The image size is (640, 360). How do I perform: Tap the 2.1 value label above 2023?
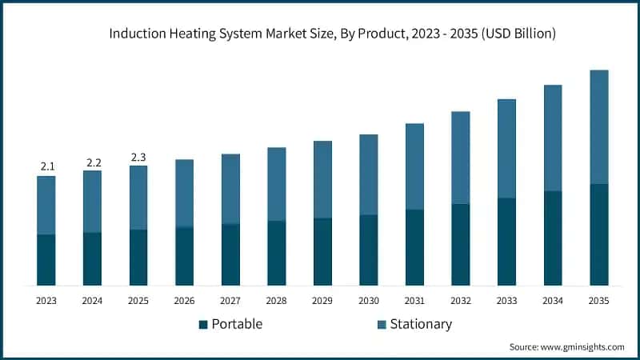click(x=46, y=166)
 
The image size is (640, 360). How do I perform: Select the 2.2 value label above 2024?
click(x=93, y=162)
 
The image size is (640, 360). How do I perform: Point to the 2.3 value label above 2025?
click(x=138, y=157)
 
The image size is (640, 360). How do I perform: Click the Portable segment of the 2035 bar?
click(x=599, y=234)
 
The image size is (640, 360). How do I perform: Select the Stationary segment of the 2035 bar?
click(x=599, y=126)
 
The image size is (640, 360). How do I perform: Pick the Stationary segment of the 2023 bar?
click(x=46, y=205)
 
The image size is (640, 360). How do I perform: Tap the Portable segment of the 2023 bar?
click(x=46, y=260)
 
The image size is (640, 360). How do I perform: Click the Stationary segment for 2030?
click(x=369, y=174)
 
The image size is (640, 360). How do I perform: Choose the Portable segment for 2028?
click(x=277, y=253)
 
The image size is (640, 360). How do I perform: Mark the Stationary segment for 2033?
click(x=507, y=148)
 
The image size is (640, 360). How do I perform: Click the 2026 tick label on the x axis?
click(x=185, y=301)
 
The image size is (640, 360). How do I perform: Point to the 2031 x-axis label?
click(x=414, y=301)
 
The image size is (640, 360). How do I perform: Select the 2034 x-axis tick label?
click(x=553, y=301)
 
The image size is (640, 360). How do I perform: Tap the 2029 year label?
click(x=322, y=301)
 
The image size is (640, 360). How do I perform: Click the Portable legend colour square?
click(x=203, y=324)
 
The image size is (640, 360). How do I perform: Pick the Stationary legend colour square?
click(x=382, y=324)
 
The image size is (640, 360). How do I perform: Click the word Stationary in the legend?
click(x=422, y=324)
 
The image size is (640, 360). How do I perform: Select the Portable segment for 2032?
click(x=461, y=245)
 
